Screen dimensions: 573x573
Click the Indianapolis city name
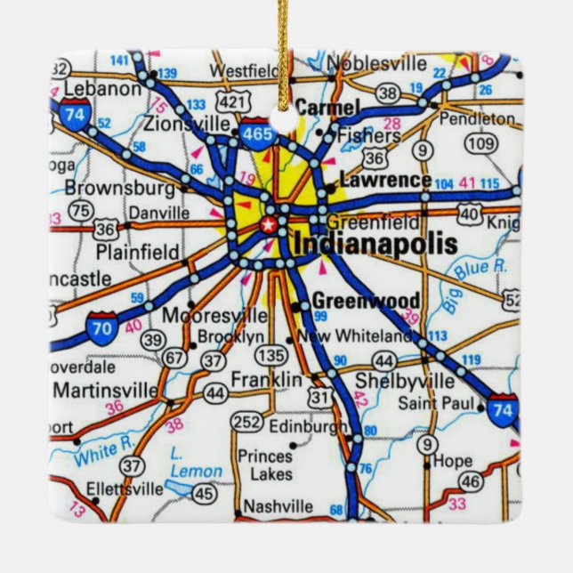[x=375, y=244]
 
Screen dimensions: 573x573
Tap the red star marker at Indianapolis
[x=266, y=223]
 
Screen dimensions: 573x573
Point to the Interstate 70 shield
[x=104, y=327]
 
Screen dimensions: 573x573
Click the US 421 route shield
[x=230, y=103]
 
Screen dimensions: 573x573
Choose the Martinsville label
[x=103, y=390]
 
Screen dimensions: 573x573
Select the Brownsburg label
[x=119, y=189]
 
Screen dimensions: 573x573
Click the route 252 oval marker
[x=246, y=421]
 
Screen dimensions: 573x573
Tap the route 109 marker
[x=480, y=142]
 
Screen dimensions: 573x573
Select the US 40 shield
[x=470, y=214]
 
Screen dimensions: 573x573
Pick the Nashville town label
[x=278, y=505]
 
